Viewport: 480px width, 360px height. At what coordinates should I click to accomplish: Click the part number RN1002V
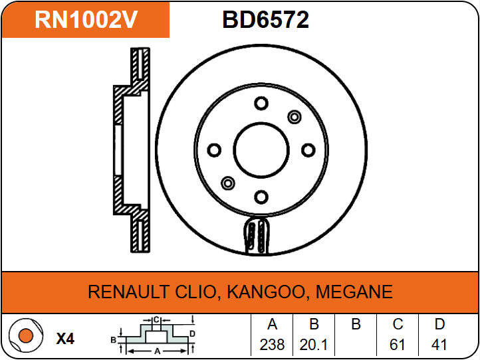click(x=86, y=20)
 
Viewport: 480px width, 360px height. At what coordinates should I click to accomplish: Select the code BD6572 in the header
click(x=265, y=20)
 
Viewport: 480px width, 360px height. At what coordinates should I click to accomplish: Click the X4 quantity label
click(x=65, y=339)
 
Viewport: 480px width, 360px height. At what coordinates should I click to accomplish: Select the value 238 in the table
click(x=272, y=345)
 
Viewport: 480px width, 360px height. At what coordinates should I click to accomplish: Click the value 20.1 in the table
click(x=314, y=345)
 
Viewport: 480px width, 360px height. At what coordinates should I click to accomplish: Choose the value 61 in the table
click(x=398, y=345)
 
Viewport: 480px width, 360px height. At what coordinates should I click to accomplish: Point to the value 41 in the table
click(x=439, y=345)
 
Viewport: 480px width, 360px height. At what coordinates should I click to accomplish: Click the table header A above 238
click(x=272, y=325)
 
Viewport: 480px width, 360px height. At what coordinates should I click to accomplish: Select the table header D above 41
click(x=439, y=325)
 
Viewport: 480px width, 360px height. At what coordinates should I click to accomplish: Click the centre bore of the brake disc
click(x=261, y=149)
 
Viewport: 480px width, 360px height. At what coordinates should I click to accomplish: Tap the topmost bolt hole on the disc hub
click(x=261, y=104)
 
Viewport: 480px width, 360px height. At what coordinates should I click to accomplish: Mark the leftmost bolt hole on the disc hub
click(x=214, y=149)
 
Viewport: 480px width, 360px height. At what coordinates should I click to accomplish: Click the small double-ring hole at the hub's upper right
click(x=294, y=117)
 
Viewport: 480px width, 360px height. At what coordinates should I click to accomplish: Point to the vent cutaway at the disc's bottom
click(x=257, y=236)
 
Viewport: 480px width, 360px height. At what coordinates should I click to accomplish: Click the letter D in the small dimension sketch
click(x=192, y=333)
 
